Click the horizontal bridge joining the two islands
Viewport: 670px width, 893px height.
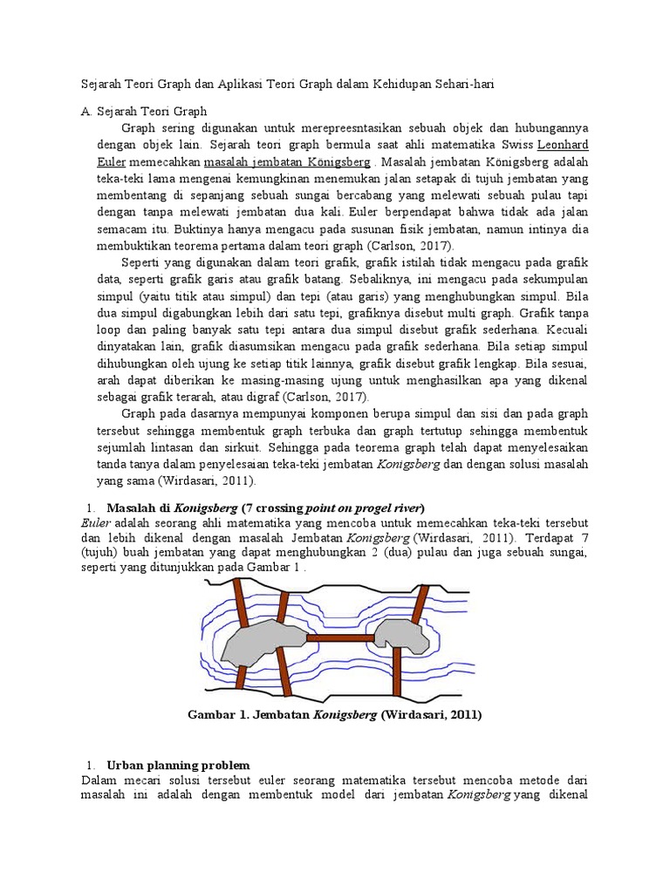pyautogui.click(x=339, y=639)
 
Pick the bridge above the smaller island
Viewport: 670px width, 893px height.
pyautogui.click(x=420, y=602)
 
